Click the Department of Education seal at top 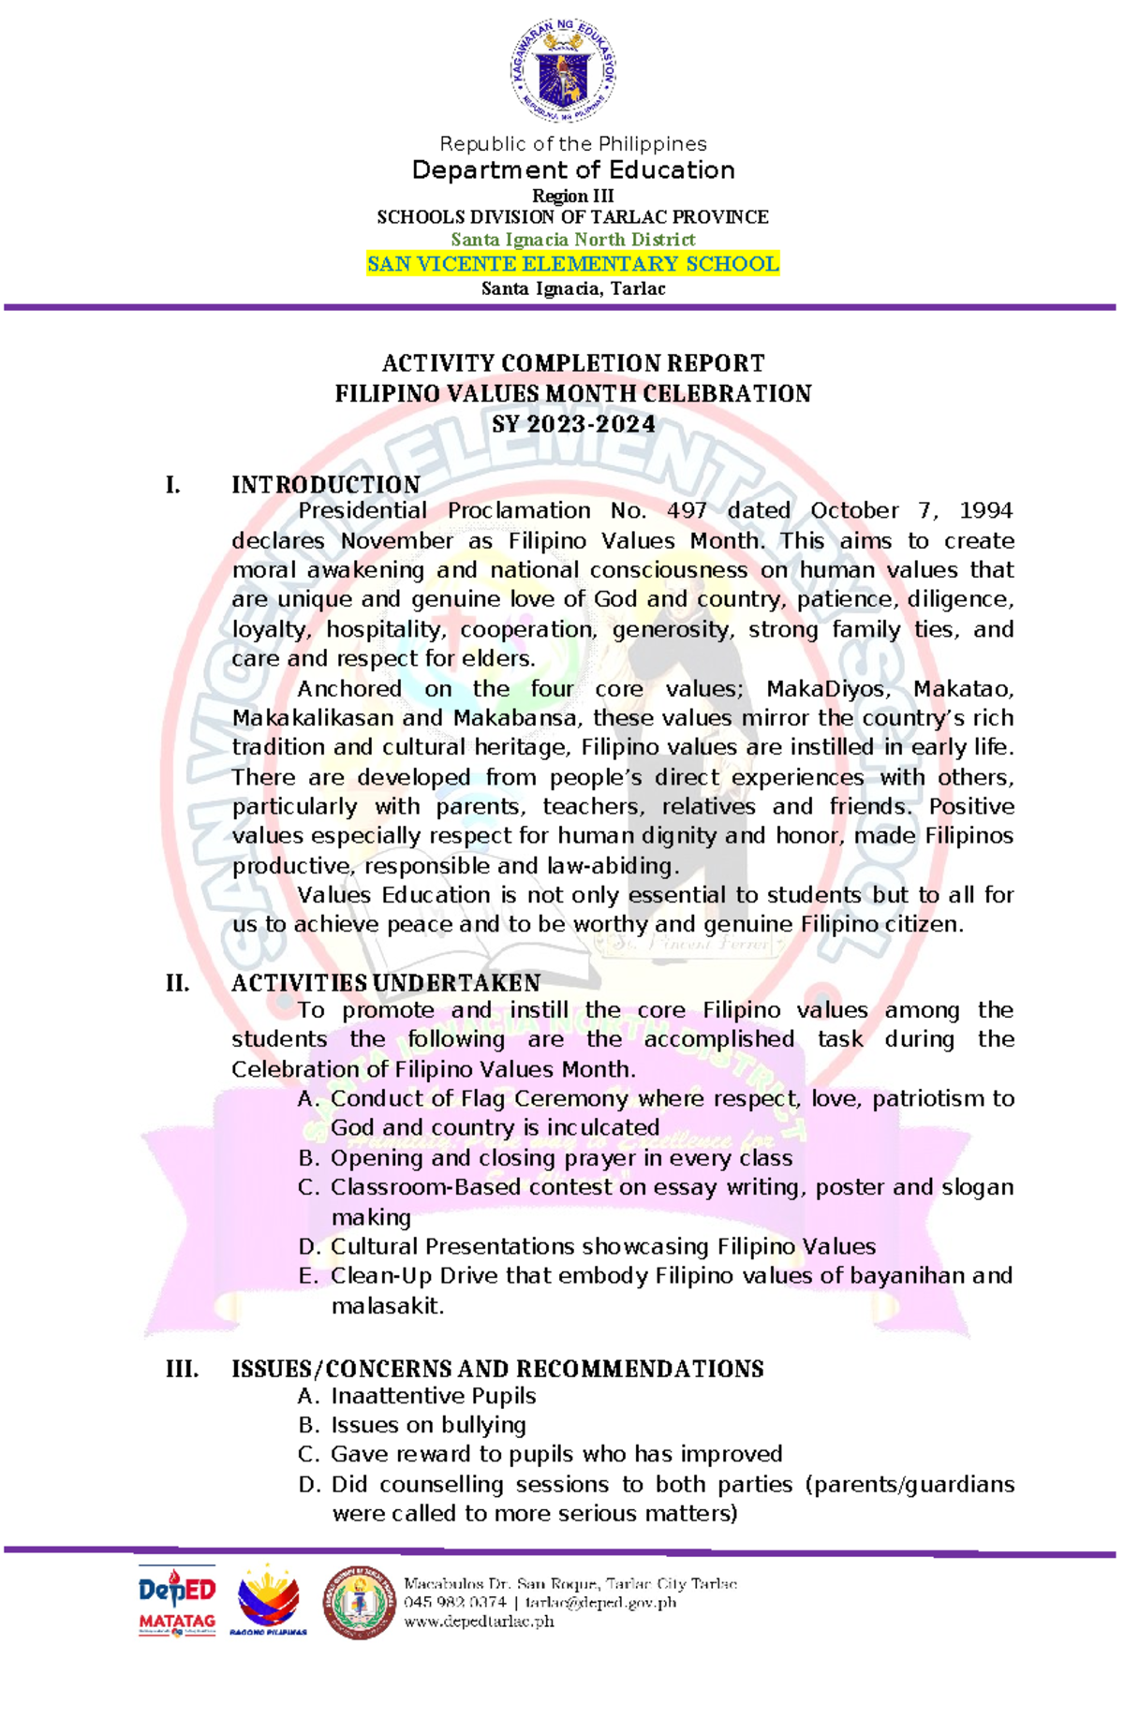pos(563,70)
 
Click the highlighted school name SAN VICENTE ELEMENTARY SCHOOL pos(572,264)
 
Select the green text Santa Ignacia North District pos(572,240)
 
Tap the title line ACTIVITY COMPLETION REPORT pos(572,363)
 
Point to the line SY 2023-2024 pos(572,424)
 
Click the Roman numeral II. pos(177,983)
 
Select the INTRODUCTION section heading pos(325,485)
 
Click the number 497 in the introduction pos(687,511)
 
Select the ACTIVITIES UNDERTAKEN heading pos(385,983)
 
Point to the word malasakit pos(387,1305)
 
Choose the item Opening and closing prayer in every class pos(560,1158)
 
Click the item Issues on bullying pos(427,1425)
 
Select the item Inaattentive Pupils pos(433,1396)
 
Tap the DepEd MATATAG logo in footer pos(177,1600)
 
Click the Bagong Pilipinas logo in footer pos(268,1602)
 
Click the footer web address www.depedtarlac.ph pos(479,1622)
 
